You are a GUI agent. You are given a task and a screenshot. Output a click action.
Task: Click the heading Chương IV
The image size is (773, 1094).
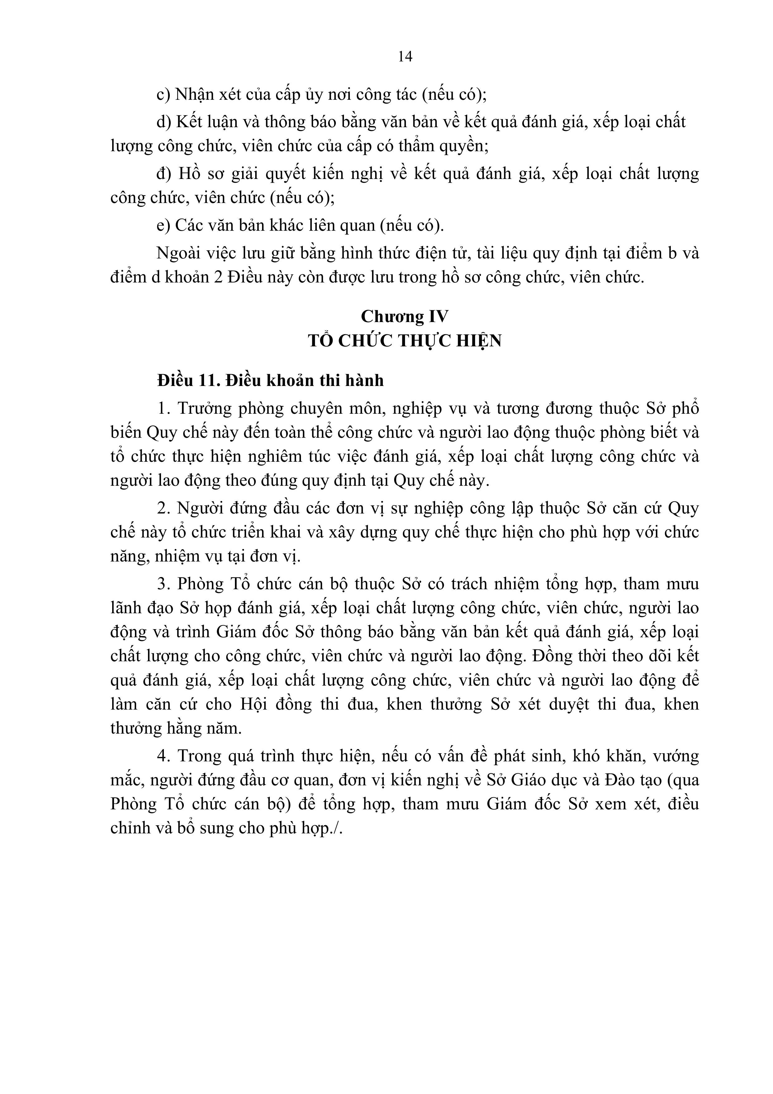(404, 317)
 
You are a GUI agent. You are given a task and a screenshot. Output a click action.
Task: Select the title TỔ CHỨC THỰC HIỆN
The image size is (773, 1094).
(404, 341)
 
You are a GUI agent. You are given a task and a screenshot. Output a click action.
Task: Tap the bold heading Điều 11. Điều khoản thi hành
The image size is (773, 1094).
(270, 381)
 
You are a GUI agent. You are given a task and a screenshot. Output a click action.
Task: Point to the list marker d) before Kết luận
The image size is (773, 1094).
(163, 122)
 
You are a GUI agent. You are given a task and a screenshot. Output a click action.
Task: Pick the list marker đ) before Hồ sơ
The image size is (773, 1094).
(163, 174)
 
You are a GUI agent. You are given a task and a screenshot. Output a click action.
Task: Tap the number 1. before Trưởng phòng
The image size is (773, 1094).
(163, 409)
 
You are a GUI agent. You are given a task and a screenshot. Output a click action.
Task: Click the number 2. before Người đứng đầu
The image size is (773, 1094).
(163, 509)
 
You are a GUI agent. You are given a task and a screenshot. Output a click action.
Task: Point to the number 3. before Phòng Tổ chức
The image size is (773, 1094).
(163, 585)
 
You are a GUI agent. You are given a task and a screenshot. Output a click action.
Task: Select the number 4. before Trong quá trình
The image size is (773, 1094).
(163, 756)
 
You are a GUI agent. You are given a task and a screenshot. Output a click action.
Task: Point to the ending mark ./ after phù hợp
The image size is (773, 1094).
(339, 829)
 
